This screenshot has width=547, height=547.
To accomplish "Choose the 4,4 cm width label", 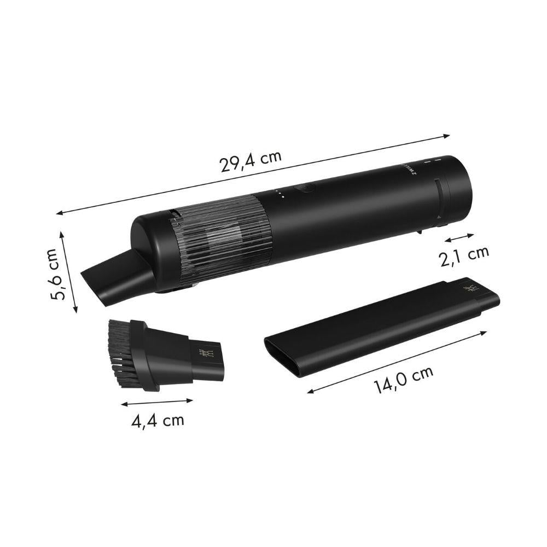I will tap(158, 421).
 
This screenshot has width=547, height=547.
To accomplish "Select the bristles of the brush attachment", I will tap(119, 352).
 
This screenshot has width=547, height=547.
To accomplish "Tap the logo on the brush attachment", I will tap(205, 354).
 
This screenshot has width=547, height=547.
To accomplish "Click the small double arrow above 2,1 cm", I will tap(459, 237).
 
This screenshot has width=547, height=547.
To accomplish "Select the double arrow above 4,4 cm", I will tap(157, 403).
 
